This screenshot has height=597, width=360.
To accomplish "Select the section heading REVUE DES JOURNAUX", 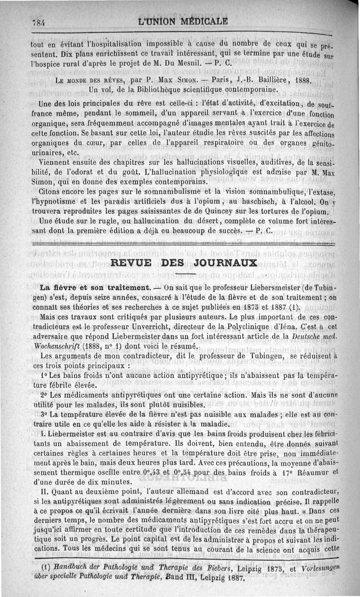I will (184, 263).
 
